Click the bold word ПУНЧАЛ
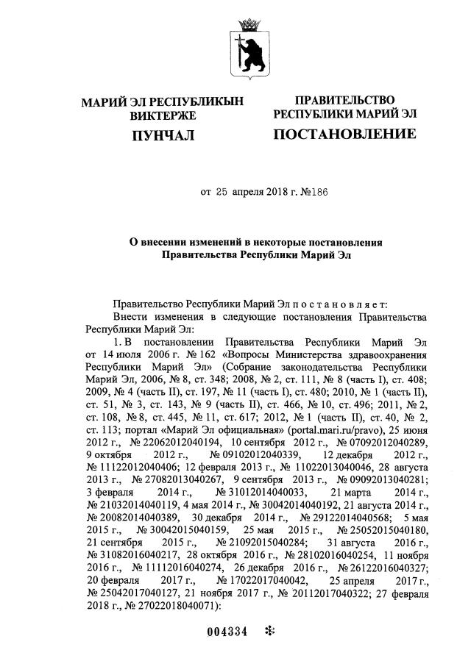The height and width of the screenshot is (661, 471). coord(162,135)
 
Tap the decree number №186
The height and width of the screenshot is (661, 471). coord(313,193)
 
